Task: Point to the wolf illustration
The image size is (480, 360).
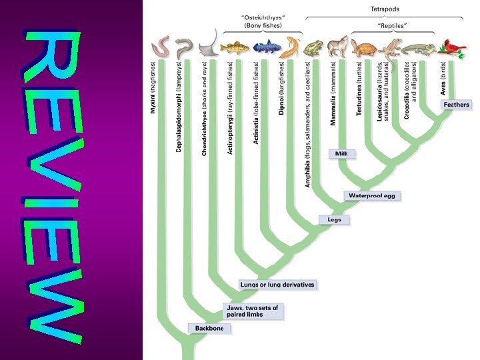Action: tap(338, 45)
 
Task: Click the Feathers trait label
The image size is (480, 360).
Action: tap(456, 105)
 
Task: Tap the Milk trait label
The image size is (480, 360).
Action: tap(341, 153)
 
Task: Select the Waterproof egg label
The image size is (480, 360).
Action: tap(373, 196)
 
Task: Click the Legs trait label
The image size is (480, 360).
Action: tap(334, 220)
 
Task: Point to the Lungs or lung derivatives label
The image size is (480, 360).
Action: tap(277, 285)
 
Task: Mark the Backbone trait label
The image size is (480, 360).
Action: tap(210, 328)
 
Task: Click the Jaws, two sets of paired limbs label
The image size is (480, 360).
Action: tap(253, 311)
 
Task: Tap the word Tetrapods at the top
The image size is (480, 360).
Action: tap(385, 9)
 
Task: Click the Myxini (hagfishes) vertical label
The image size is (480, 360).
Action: tap(153, 87)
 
